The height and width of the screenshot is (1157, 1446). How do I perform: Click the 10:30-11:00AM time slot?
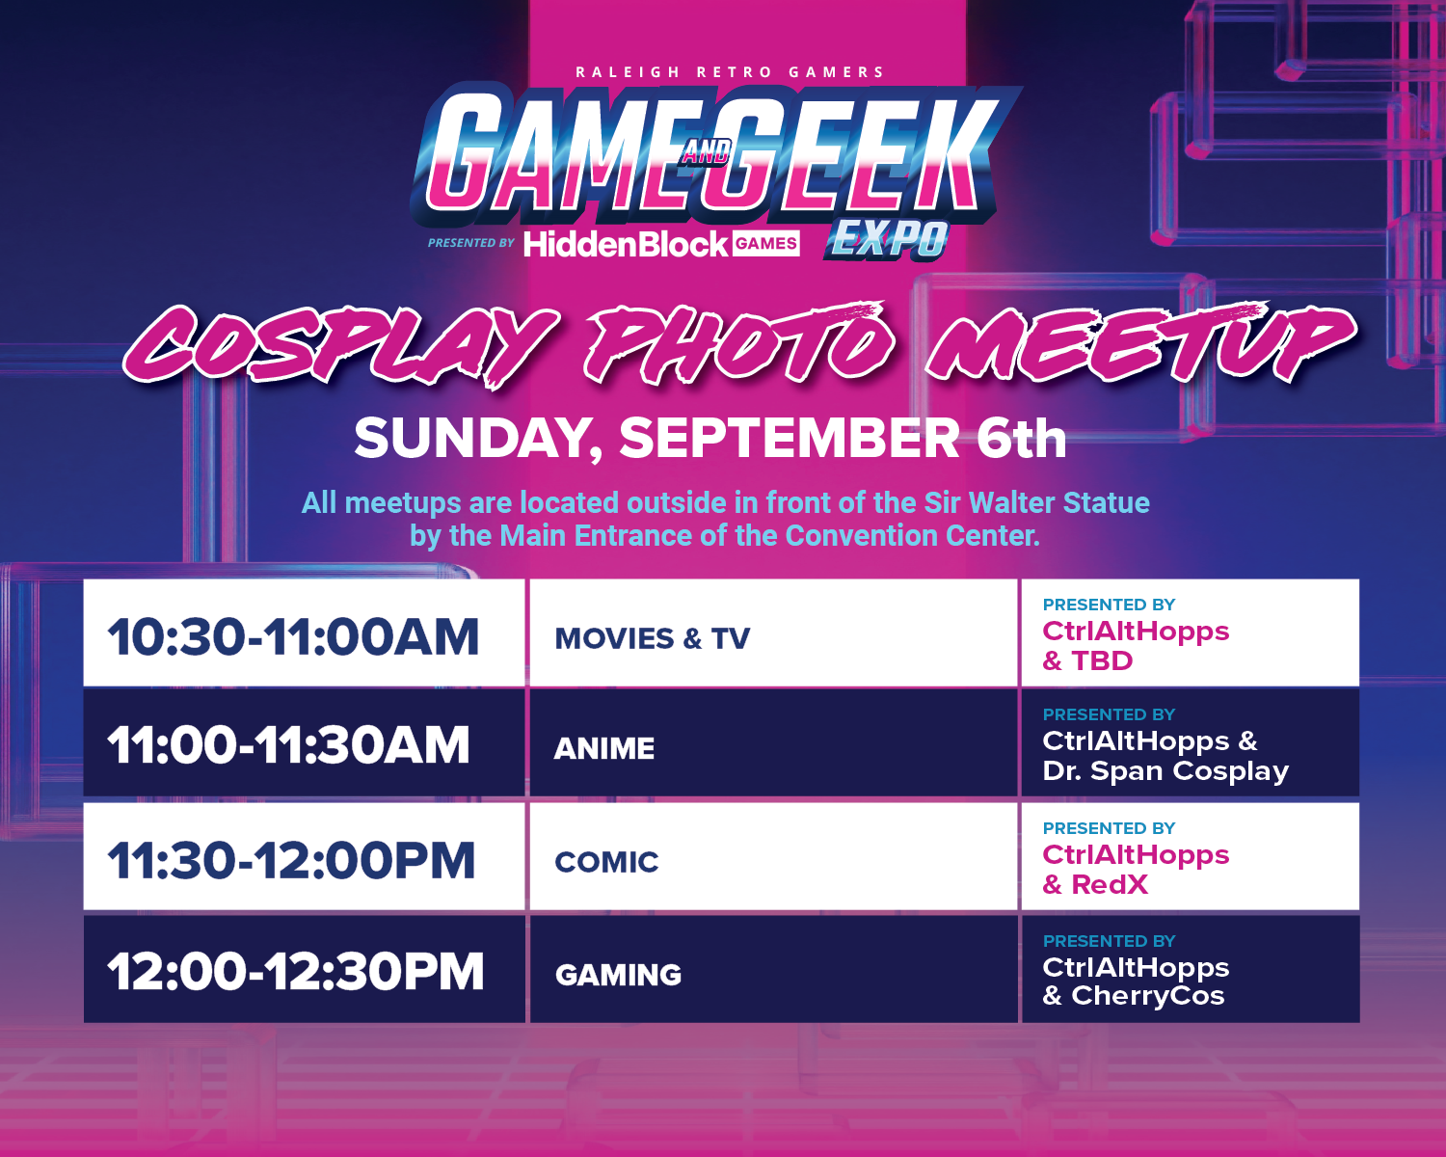click(293, 636)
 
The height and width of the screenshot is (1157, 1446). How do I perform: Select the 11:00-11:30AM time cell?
click(288, 745)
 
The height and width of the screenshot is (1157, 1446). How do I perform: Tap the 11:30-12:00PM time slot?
click(291, 860)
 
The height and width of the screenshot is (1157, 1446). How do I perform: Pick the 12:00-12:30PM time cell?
click(295, 972)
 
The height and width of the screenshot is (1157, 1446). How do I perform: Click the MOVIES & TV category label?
click(652, 638)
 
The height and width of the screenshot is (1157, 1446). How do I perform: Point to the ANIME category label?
click(604, 748)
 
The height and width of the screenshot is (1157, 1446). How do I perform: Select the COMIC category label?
click(606, 862)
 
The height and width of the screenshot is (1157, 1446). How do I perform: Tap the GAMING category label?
click(618, 975)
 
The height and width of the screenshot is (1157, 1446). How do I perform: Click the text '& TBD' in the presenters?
click(1087, 660)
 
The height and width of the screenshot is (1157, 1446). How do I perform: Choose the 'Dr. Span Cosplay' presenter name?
click(1165, 770)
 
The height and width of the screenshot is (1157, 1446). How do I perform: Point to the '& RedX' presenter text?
click(1094, 885)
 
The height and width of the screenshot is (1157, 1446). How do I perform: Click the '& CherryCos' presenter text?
click(1134, 996)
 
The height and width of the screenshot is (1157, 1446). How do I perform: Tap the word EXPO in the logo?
click(888, 239)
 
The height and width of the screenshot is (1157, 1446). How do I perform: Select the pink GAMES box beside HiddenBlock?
click(766, 243)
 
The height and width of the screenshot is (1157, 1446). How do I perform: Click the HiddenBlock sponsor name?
click(626, 243)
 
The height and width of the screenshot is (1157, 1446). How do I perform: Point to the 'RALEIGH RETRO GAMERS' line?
click(729, 72)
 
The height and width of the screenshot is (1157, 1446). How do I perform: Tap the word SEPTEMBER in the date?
click(790, 439)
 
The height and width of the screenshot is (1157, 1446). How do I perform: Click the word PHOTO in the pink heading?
click(738, 346)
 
